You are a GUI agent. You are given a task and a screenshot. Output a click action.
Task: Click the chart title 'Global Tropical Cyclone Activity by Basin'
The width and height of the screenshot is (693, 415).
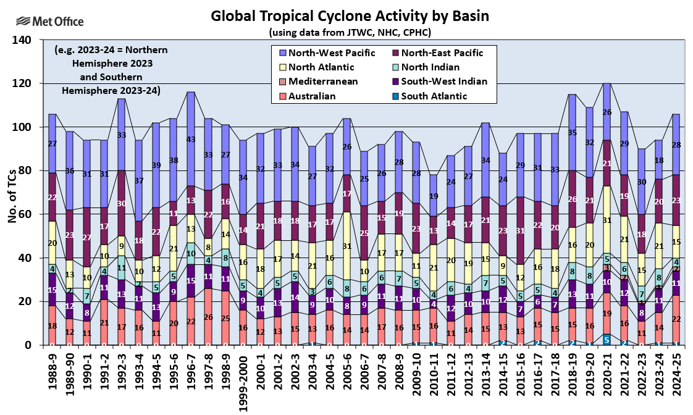[350, 15]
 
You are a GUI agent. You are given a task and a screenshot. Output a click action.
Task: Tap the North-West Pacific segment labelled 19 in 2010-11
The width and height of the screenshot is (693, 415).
[434, 196]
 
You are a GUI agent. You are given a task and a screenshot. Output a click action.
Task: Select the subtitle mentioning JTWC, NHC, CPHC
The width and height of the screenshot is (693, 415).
[349, 31]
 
